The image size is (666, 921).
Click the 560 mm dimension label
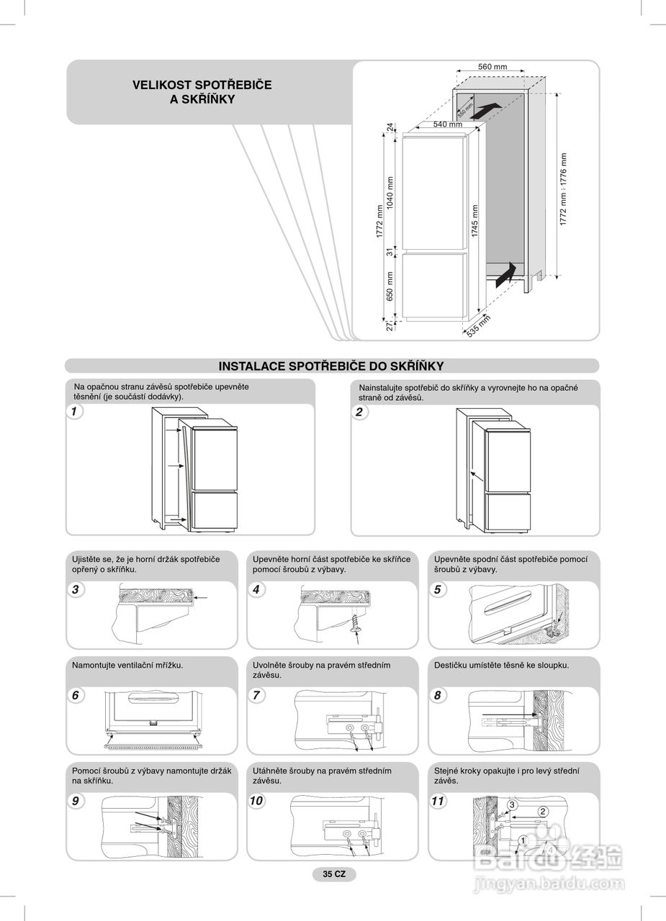click(492, 67)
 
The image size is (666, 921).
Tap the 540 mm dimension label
click(447, 124)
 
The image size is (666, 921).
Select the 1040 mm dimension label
click(391, 194)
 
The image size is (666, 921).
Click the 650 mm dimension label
click(391, 286)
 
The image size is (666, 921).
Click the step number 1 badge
click(74, 412)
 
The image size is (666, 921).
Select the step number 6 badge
click(76, 695)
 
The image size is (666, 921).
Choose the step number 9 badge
click(76, 800)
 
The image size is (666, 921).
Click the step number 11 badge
click(438, 800)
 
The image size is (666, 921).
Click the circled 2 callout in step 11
click(543, 812)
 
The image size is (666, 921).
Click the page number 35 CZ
click(334, 874)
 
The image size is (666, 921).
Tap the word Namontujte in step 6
click(94, 666)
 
